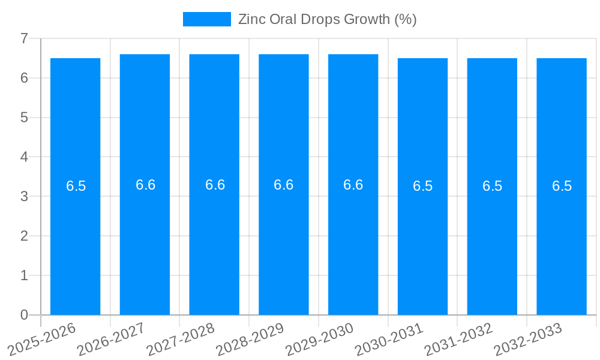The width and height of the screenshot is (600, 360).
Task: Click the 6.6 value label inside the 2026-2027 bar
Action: tap(145, 185)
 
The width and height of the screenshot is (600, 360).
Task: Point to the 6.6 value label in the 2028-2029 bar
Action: tap(283, 185)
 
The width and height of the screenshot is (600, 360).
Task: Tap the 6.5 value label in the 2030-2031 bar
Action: tap(422, 186)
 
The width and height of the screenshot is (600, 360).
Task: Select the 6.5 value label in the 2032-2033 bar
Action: tap(562, 186)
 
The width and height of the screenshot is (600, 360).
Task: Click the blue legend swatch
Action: tap(206, 19)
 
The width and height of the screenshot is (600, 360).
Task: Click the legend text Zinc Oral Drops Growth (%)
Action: tap(327, 19)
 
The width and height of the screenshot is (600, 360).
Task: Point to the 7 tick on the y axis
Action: tap(24, 38)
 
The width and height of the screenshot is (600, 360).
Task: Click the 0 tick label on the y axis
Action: tap(24, 315)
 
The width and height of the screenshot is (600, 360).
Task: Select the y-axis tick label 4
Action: tap(24, 157)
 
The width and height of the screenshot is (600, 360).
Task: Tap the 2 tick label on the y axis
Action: tap(24, 236)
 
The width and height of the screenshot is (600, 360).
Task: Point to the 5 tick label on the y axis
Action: tap(24, 118)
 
